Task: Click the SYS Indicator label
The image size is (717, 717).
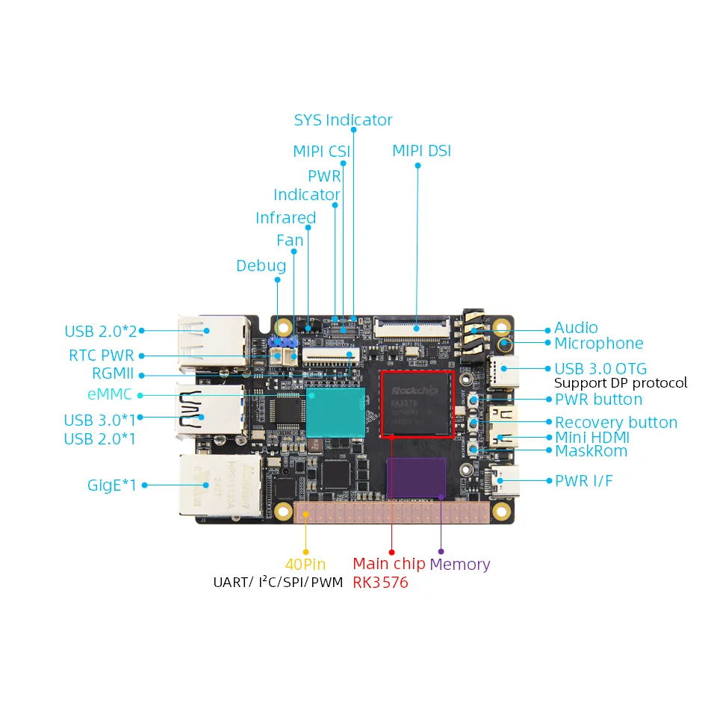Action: coord(343,120)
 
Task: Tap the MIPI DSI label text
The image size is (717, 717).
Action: coord(421,151)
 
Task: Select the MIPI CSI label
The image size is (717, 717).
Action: coord(321,152)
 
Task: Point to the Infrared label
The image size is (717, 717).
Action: coord(285,218)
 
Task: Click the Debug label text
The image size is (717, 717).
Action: coord(261,266)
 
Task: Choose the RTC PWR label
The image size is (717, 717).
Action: coord(102,356)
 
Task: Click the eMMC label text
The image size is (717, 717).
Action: coord(110,394)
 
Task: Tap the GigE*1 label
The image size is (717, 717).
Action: coord(112,485)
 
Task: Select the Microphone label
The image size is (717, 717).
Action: coord(598,344)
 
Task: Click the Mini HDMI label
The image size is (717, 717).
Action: coord(592,438)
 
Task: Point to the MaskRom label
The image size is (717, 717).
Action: coord(591,451)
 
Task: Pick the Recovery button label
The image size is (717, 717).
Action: coord(615,423)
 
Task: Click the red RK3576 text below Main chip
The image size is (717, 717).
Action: coord(380,583)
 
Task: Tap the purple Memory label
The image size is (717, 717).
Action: coord(459,565)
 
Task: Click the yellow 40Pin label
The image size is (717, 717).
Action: coord(305,565)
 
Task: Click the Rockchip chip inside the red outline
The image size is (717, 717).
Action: coord(418,403)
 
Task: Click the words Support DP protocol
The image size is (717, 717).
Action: coord(621,383)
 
